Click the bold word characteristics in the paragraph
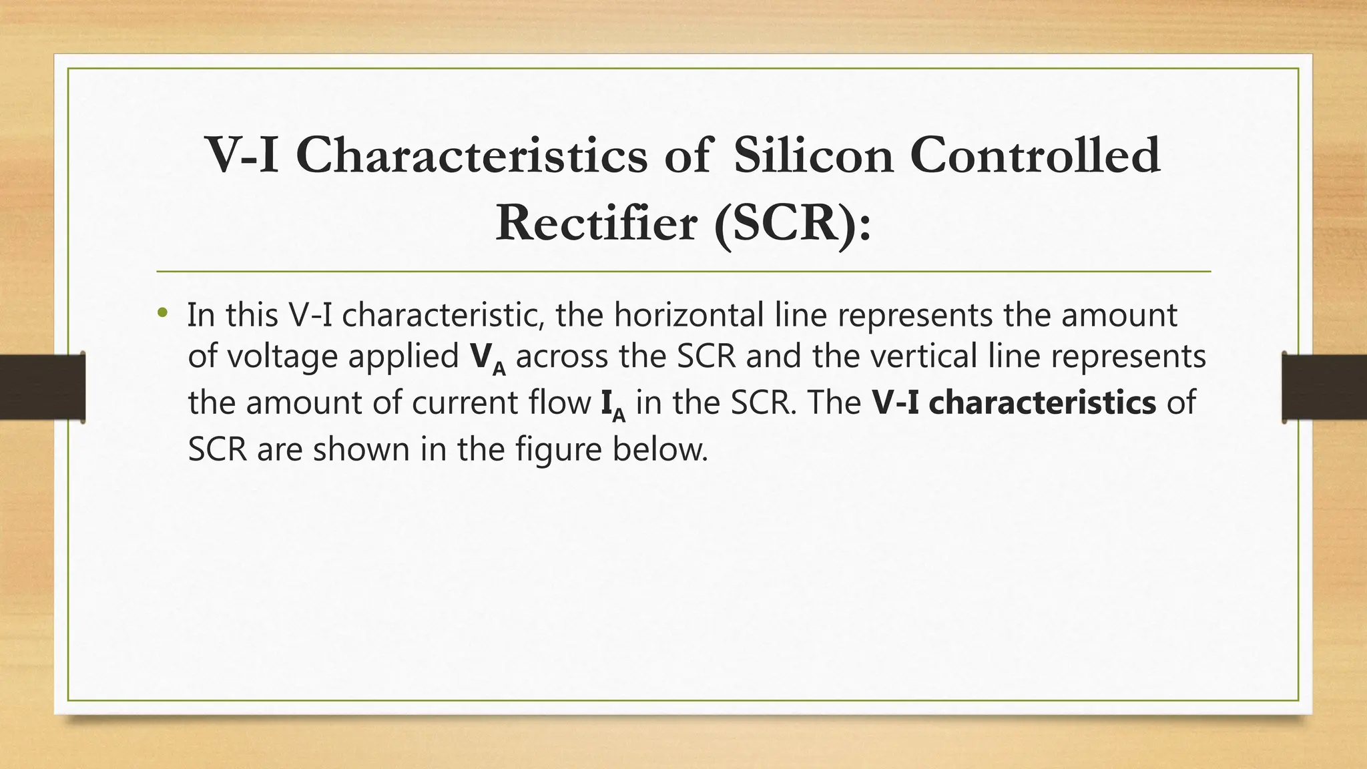[x=1042, y=403]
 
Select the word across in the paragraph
[x=562, y=356]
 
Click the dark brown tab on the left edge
[x=42, y=387]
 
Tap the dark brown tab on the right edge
[x=1324, y=387]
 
